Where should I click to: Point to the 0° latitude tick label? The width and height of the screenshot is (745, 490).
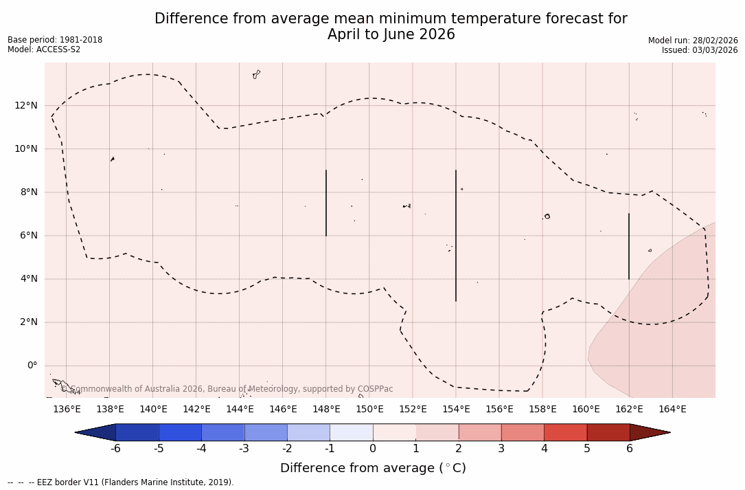tap(32, 366)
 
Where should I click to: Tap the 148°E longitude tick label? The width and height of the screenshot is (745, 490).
tap(326, 410)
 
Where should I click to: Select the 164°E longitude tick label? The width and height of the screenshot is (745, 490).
tap(672, 410)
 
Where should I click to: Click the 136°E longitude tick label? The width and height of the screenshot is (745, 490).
tap(67, 410)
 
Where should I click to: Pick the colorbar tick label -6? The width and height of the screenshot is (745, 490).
tap(115, 449)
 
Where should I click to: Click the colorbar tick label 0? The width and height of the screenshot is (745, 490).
tap(373, 449)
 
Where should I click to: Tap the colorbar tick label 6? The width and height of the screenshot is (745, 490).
tap(630, 449)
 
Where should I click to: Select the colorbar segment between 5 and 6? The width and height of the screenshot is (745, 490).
tap(608, 432)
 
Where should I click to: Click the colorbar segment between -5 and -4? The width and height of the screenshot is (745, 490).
tap(180, 432)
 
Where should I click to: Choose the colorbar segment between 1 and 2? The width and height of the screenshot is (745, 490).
tap(437, 432)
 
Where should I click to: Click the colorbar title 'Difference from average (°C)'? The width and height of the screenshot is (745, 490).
tap(373, 468)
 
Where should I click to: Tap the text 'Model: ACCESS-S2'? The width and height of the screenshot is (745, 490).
tap(44, 49)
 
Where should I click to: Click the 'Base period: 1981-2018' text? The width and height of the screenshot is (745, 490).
tap(55, 40)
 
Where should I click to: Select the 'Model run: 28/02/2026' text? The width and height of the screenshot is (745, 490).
tap(693, 41)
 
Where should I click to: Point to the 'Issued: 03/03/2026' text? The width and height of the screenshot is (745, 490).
tap(700, 50)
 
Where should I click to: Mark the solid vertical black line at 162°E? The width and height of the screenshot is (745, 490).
tap(629, 246)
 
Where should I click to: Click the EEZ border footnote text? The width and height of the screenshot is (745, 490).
tap(121, 482)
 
